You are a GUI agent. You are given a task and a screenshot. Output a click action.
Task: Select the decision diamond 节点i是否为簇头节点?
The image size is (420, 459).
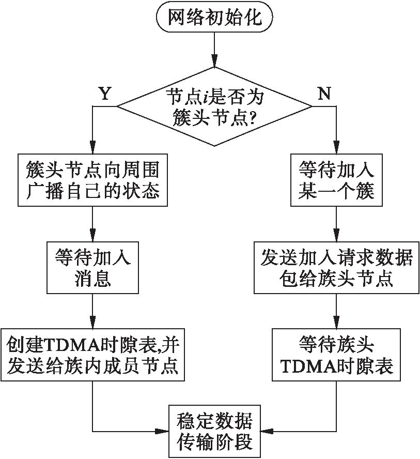pyautogui.click(x=214, y=107)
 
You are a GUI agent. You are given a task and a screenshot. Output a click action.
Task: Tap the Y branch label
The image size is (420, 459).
pyautogui.click(x=104, y=94)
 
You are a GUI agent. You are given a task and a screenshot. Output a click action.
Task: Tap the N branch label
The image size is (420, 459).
pyautogui.click(x=324, y=94)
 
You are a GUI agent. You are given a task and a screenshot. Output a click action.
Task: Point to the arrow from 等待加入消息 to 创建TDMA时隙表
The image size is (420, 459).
pyautogui.click(x=92, y=310)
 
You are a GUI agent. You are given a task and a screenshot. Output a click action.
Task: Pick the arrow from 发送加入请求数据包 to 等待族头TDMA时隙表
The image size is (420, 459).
pyautogui.click(x=336, y=310)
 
